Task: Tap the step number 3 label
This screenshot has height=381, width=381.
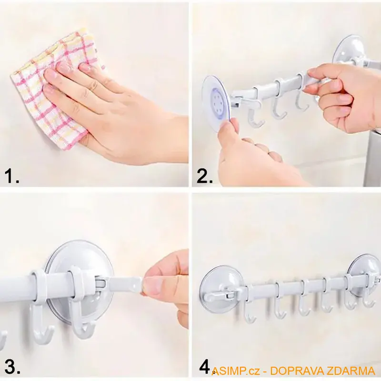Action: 12,367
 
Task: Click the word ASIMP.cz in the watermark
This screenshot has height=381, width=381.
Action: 235,371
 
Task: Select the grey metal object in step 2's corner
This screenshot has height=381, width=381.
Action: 372,158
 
